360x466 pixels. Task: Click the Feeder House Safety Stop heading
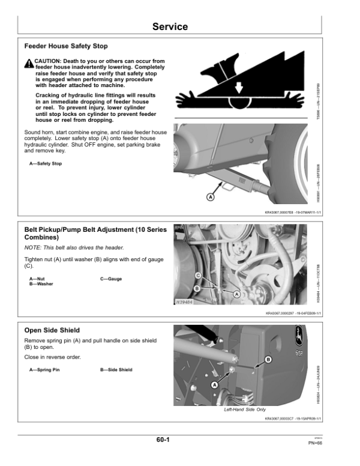point(66,46)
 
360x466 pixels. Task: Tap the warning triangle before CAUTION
point(29,63)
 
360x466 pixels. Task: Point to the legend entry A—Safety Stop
point(46,163)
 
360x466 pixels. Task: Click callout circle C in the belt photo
point(198,275)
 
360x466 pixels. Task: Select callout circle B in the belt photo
point(198,288)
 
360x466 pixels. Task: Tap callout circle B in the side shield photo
point(268,359)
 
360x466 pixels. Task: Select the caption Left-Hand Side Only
point(244,410)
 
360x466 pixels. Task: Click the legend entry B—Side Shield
point(116,370)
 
